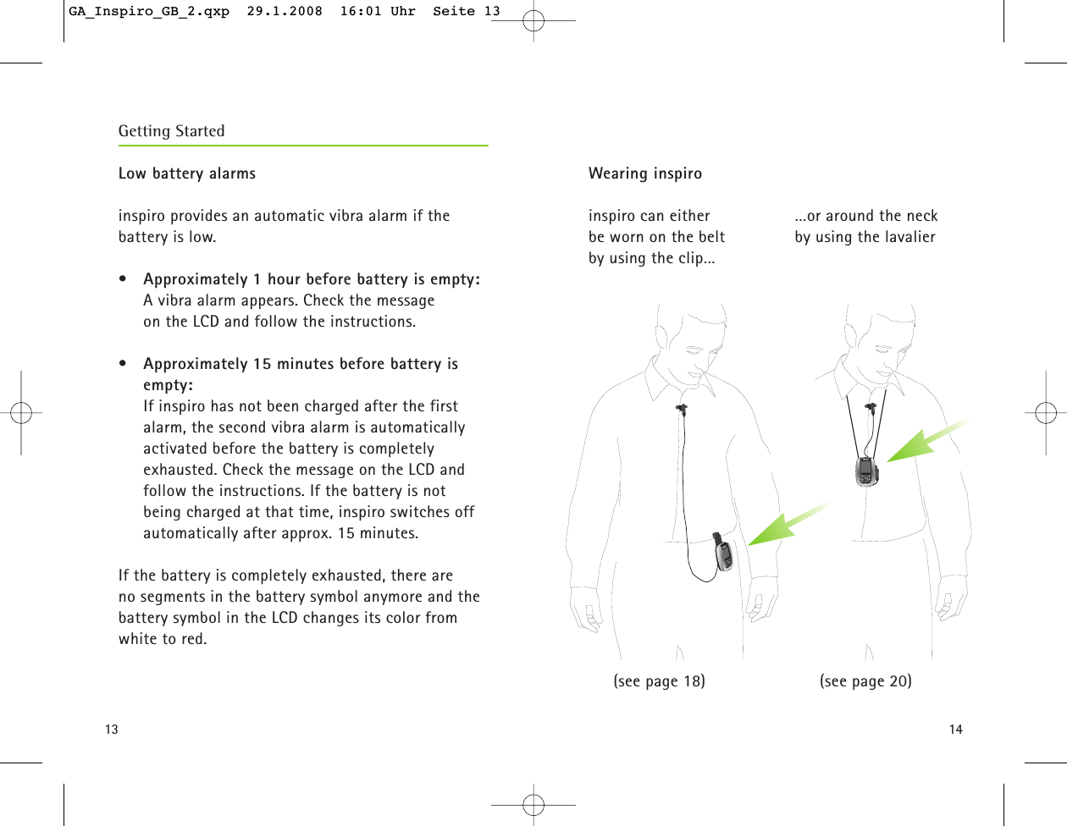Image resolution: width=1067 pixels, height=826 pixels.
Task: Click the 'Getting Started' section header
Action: tap(171, 131)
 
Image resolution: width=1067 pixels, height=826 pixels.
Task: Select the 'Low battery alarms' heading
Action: tap(186, 173)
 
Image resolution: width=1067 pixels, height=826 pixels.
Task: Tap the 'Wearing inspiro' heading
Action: tap(644, 173)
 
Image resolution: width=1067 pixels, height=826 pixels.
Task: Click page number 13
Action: tap(112, 730)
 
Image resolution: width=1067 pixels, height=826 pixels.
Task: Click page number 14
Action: tap(955, 730)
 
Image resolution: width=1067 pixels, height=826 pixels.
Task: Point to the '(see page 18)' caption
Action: tap(659, 681)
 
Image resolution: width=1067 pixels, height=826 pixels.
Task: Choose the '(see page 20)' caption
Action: tap(865, 681)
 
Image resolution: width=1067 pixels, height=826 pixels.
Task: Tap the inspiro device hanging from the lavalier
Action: tap(865, 471)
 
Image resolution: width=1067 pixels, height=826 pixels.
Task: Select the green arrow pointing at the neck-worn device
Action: tap(923, 440)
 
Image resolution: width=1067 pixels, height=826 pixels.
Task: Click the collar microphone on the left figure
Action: tap(682, 411)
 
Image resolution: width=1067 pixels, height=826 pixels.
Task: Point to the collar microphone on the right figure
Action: tap(870, 410)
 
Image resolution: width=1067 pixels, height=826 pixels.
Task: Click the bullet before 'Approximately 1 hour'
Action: tap(124, 279)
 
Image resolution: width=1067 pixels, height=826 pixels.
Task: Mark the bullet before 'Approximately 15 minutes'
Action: tap(124, 364)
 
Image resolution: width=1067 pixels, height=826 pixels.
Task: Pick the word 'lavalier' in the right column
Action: tap(909, 237)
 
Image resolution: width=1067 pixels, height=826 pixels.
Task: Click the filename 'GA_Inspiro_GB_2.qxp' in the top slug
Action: tap(149, 11)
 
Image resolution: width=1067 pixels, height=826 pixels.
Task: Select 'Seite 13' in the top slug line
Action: tap(467, 11)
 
